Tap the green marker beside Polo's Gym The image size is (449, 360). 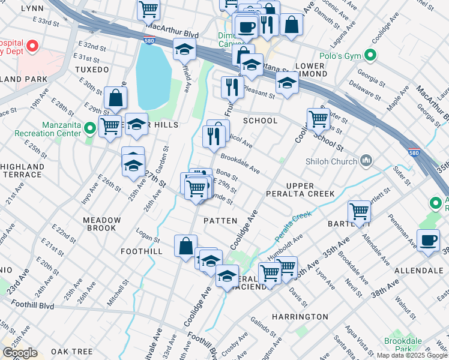pyautogui.click(x=371, y=56)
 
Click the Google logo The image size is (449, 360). pyautogui.click(x=20, y=353)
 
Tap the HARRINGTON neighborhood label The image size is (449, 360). pyautogui.click(x=300, y=316)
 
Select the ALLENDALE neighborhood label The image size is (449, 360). pyautogui.click(x=418, y=271)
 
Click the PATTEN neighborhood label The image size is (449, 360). pyautogui.click(x=220, y=221)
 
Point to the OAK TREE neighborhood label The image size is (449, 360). pyautogui.click(x=71, y=351)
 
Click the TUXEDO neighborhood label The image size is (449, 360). pyautogui.click(x=92, y=69)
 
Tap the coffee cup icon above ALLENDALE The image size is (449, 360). pyautogui.click(x=429, y=241)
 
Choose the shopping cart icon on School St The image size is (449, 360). pyautogui.click(x=318, y=118)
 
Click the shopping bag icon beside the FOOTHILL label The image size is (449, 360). pyautogui.click(x=185, y=245)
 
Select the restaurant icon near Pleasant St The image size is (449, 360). pyautogui.click(x=231, y=86)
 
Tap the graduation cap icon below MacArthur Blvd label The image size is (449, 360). pyautogui.click(x=184, y=49)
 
